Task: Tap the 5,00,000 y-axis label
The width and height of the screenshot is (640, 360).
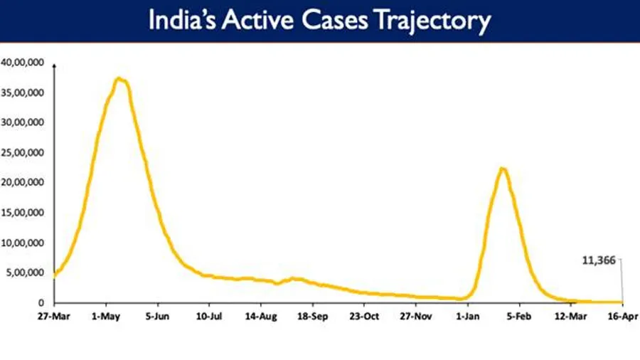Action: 26,273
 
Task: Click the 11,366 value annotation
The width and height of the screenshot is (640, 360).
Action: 599,260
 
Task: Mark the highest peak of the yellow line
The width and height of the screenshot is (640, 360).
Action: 119,78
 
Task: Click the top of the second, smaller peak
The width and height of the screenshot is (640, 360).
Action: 502,168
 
